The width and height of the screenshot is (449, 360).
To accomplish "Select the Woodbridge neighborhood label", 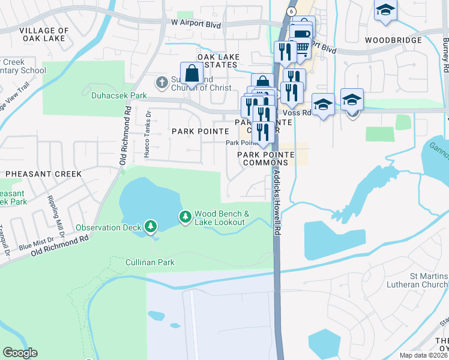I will click(x=393, y=40).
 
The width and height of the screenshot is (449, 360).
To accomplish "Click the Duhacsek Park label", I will click(x=119, y=95).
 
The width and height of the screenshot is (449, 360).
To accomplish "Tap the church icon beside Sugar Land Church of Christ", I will click(x=161, y=82).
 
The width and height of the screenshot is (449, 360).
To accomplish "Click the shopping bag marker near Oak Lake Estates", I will click(x=191, y=74).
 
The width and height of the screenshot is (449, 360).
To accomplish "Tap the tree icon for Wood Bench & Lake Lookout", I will click(x=185, y=216).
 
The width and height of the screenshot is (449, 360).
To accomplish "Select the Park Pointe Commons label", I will click(x=265, y=158).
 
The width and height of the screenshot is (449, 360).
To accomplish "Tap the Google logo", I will click(x=20, y=353).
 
